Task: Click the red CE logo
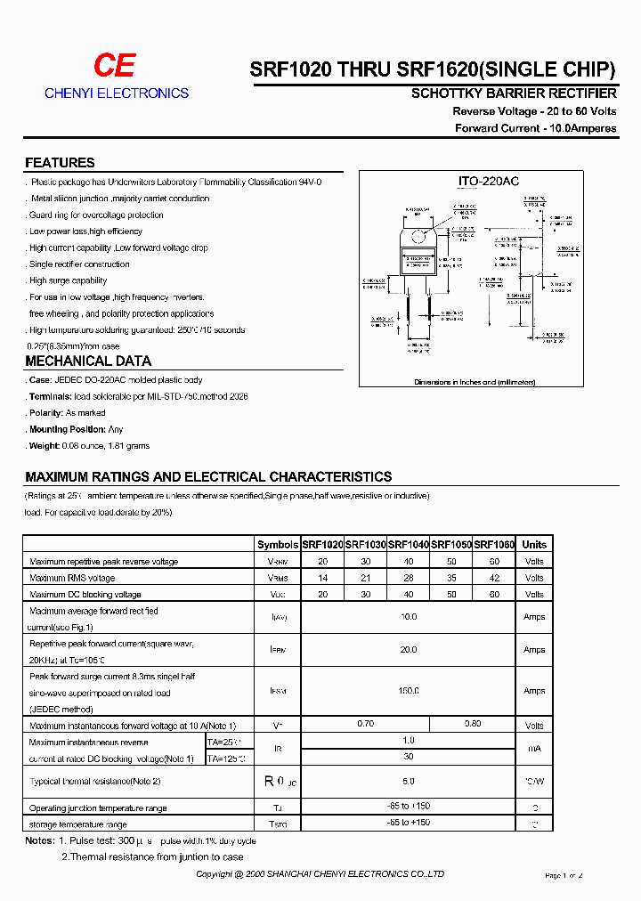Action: [116, 66]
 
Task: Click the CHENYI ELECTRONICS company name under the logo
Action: [117, 93]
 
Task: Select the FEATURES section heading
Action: [60, 163]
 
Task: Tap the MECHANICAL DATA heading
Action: [88, 361]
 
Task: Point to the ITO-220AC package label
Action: [489, 182]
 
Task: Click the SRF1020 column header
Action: [322, 545]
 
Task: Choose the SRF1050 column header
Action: [451, 545]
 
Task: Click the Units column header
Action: [534, 545]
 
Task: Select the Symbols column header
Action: [277, 545]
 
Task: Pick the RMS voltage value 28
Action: [409, 578]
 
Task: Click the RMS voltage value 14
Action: [322, 578]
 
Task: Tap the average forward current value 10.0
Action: [409, 616]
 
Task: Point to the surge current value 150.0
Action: [409, 691]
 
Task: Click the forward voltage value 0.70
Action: [365, 724]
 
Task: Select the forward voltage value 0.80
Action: [473, 724]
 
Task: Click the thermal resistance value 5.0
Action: [409, 782]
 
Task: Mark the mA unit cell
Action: [534, 750]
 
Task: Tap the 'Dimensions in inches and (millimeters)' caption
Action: [475, 382]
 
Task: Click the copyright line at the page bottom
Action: [320, 875]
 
